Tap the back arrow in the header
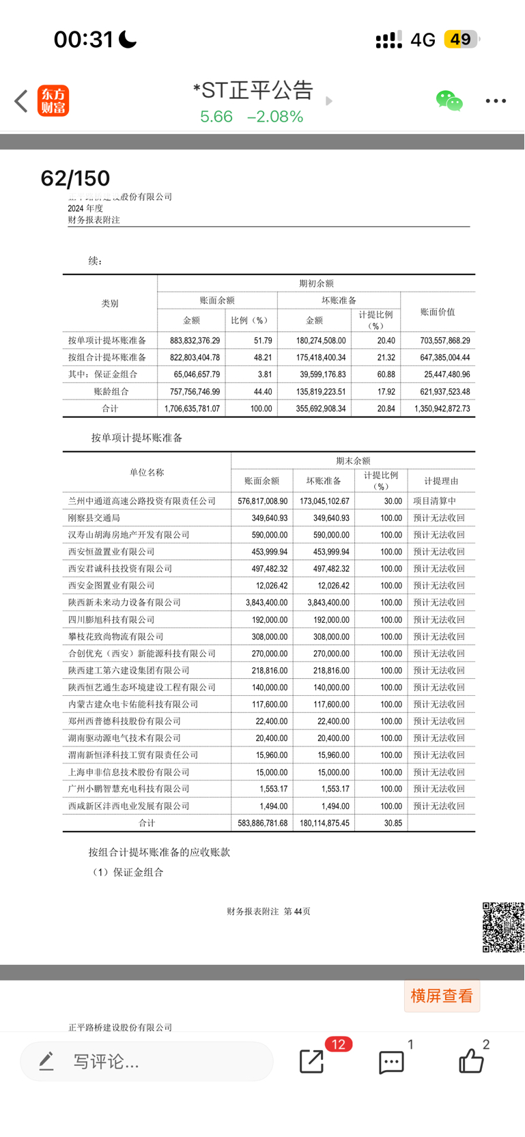tap(21, 101)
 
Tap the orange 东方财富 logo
tap(53, 101)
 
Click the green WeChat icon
tap(449, 101)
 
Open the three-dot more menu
tap(496, 101)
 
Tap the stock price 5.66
tap(216, 117)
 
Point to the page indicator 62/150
tap(75, 178)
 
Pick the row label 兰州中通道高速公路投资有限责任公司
tap(142, 501)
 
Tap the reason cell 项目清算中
tap(435, 501)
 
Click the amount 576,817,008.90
tap(263, 501)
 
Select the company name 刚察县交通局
tap(94, 518)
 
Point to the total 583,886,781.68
tap(263, 823)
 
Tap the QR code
tap(503, 927)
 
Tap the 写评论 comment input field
tap(147, 1061)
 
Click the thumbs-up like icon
tap(471, 1061)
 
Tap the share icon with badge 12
tap(312, 1061)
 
